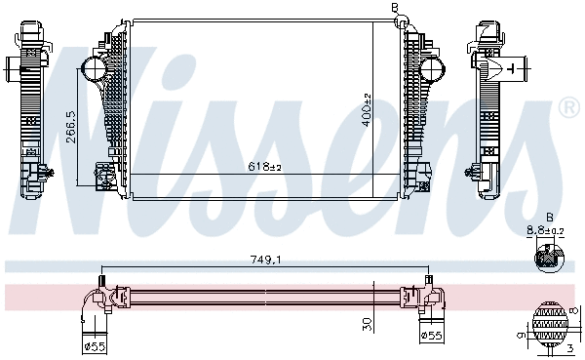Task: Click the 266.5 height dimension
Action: [71, 126]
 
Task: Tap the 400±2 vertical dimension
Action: [367, 108]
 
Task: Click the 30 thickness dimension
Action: [367, 322]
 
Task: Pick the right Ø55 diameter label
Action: [431, 336]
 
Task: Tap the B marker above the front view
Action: [395, 8]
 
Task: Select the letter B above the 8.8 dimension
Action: [549, 217]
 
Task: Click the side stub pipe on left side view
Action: [14, 69]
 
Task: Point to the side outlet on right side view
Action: [515, 69]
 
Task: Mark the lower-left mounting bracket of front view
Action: [101, 176]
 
